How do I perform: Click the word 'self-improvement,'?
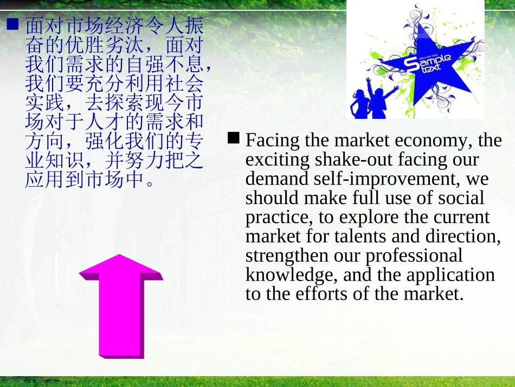click(x=401, y=179)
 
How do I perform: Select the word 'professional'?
click(x=415, y=256)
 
